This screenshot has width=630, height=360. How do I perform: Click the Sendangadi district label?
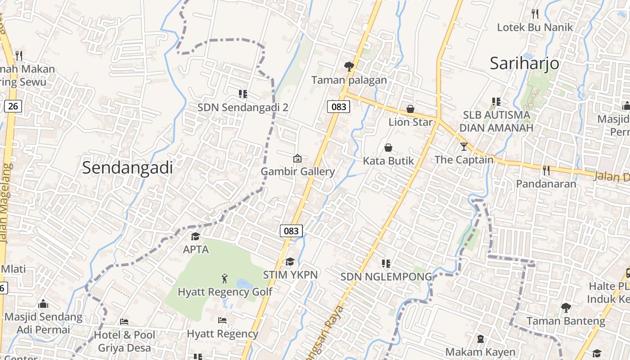pyautogui.click(x=127, y=168)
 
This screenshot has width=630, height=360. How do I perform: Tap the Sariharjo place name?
pyautogui.click(x=524, y=63)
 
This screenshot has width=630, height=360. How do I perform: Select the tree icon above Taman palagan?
pyautogui.click(x=349, y=67)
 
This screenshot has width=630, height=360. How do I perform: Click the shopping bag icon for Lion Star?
pyautogui.click(x=410, y=109)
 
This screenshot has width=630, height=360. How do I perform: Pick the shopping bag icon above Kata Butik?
pyautogui.click(x=388, y=148)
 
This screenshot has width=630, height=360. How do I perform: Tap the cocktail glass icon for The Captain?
pyautogui.click(x=464, y=146)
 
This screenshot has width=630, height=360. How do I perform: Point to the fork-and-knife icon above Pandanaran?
pyautogui.click(x=546, y=171)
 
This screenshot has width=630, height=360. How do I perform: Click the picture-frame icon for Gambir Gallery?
pyautogui.click(x=297, y=158)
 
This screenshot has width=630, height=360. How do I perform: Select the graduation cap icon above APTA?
pyautogui.click(x=195, y=236)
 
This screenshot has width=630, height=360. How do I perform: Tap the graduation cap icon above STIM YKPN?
pyautogui.click(x=290, y=261)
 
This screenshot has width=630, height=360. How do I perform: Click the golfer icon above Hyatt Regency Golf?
pyautogui.click(x=225, y=279)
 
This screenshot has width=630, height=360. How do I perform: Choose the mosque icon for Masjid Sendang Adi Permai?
pyautogui.click(x=43, y=304)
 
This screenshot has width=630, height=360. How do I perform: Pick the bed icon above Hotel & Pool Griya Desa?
pyautogui.click(x=124, y=321)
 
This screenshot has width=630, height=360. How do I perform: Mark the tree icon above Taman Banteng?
pyautogui.click(x=566, y=308)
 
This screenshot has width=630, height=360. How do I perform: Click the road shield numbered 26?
pyautogui.click(x=13, y=106)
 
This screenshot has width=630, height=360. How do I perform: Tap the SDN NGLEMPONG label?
pyautogui.click(x=386, y=277)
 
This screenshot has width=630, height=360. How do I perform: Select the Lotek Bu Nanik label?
pyautogui.click(x=535, y=27)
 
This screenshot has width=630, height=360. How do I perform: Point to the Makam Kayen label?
pyautogui.click(x=480, y=351)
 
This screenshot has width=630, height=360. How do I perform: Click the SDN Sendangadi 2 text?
pyautogui.click(x=243, y=108)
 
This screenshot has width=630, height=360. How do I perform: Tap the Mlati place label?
pyautogui.click(x=13, y=269)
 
